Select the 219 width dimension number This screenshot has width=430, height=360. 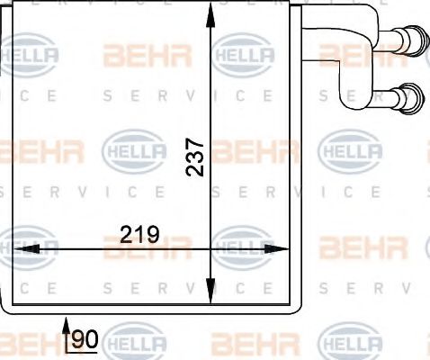click(x=139, y=236)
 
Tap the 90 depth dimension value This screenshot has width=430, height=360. click(x=85, y=339)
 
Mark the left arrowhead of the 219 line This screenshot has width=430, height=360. click(x=20, y=247)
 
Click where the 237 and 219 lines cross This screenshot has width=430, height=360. click(x=211, y=247)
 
